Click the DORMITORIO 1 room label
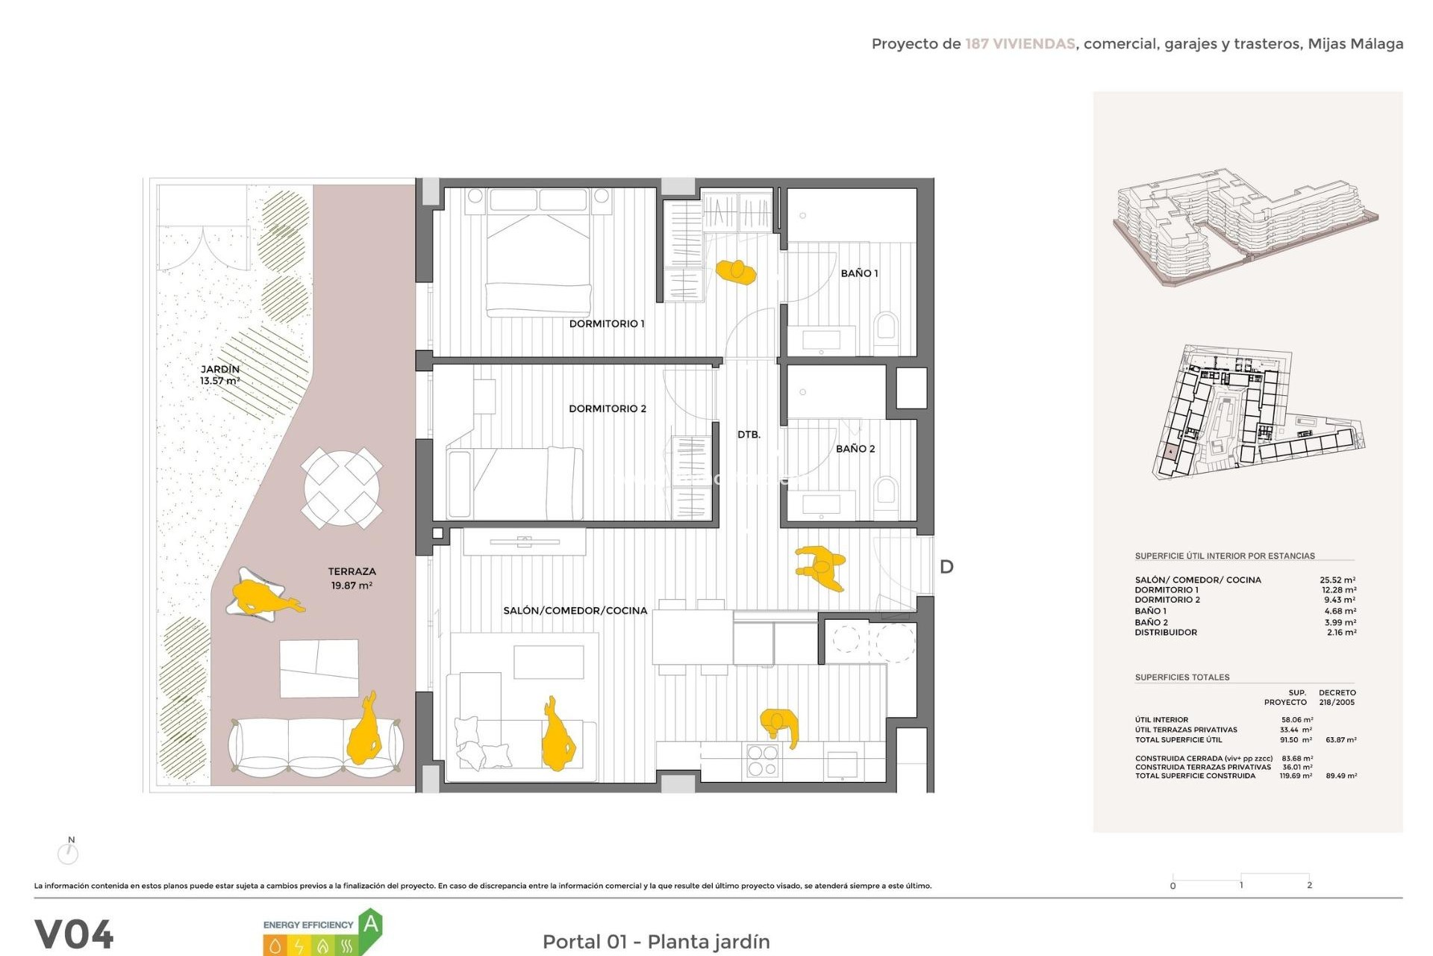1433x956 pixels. pos(606,323)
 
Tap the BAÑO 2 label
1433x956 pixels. pos(855,448)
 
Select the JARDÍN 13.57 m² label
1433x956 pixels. pos(219,375)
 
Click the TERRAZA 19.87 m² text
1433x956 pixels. pos(352,578)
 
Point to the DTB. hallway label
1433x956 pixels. pos(749,434)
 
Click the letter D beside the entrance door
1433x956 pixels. pos(946,567)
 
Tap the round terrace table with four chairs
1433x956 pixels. pos(342,488)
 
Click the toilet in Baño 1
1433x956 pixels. pos(886,328)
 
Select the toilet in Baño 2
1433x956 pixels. pos(886,492)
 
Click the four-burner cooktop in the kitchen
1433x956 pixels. pos(763,760)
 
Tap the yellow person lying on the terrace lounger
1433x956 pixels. pos(261,596)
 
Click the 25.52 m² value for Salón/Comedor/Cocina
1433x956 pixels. pos(1337,580)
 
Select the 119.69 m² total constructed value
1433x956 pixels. pos(1296,776)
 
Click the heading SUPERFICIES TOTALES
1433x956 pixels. pos(1181,677)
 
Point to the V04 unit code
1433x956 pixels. pos(74,934)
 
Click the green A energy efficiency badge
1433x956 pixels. pos(371,925)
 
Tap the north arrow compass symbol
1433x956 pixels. pos(69,851)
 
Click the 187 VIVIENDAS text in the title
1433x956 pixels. pos(1020,44)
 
